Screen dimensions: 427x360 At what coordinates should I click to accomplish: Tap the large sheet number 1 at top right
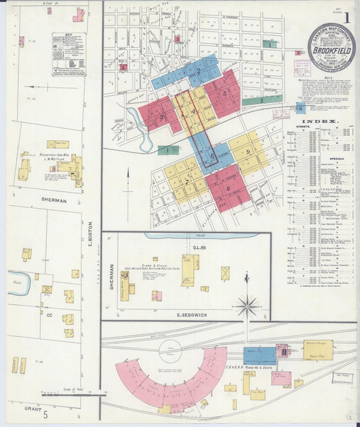[346, 18]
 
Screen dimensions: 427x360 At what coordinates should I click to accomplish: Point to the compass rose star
[247, 307]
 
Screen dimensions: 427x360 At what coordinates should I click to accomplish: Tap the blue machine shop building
[260, 355]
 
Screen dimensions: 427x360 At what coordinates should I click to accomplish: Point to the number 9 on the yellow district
[248, 151]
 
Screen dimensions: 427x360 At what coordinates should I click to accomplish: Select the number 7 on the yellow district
[186, 180]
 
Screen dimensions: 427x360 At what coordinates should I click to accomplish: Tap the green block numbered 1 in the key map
[167, 150]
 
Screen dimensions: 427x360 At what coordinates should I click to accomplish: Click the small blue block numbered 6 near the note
[301, 107]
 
